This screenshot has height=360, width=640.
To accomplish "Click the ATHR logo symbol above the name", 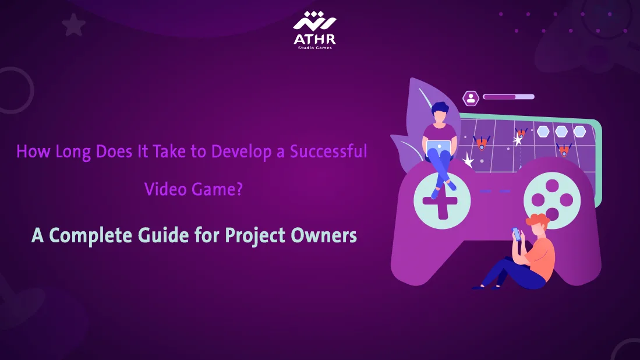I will pyautogui.click(x=314, y=22).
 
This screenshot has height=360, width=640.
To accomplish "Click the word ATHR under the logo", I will pyautogui.click(x=314, y=40).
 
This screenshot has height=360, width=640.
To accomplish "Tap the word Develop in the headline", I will pyautogui.click(x=235, y=152).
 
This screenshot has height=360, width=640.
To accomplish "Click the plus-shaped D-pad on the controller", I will pyautogui.click(x=434, y=202).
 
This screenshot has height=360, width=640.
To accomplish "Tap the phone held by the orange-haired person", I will pyautogui.click(x=516, y=233).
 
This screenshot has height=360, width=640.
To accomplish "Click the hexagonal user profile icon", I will pyautogui.click(x=470, y=98).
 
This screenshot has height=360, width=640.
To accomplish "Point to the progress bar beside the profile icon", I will pyautogui.click(x=508, y=97).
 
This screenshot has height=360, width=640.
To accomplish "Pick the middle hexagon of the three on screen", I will pyautogui.click(x=561, y=131).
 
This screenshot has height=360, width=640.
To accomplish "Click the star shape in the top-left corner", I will pyautogui.click(x=74, y=25).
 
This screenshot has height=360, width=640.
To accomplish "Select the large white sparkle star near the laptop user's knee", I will pyautogui.click(x=468, y=161).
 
